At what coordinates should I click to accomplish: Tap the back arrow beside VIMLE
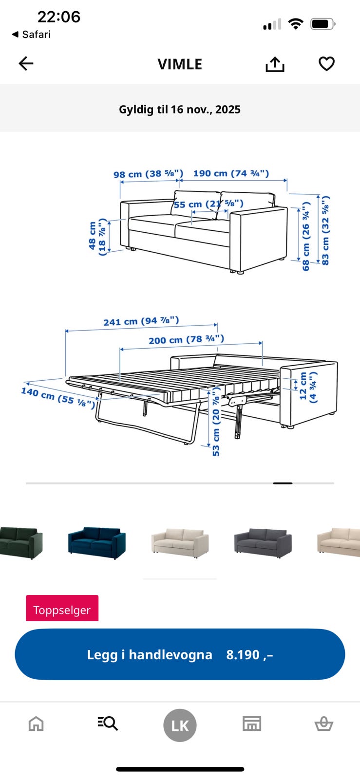(26, 64)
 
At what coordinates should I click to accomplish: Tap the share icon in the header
(275, 64)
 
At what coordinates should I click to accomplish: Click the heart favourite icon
(326, 64)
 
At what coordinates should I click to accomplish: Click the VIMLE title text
(180, 64)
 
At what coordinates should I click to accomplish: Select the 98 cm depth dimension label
(148, 173)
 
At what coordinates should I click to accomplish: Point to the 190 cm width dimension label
(231, 173)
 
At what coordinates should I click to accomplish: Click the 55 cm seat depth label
(208, 204)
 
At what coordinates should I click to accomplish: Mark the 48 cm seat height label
(97, 237)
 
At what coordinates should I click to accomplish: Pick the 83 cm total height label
(325, 231)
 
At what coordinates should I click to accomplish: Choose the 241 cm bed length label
(141, 321)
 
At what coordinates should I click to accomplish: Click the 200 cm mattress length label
(187, 339)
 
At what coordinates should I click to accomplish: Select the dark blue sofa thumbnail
(96, 543)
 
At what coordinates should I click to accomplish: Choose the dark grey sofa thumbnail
(263, 543)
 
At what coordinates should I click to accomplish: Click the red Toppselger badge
(62, 608)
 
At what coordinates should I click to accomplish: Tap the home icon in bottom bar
(36, 723)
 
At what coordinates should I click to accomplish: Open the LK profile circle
(180, 725)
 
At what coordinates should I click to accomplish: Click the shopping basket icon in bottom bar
(324, 723)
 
